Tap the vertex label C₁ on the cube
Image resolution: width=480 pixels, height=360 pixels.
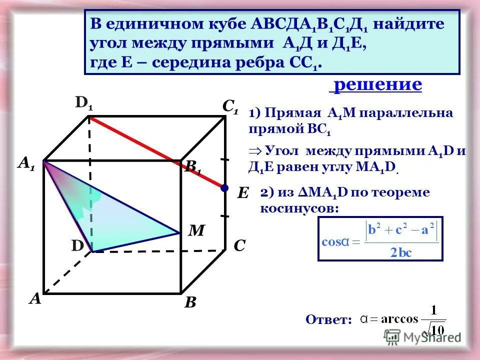click(x=230, y=106)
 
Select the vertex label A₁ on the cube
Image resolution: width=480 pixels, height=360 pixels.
click(x=26, y=163)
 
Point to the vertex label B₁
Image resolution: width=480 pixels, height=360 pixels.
click(x=192, y=167)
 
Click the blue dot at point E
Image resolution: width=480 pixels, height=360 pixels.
click(x=225, y=188)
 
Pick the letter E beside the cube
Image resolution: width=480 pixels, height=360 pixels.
click(x=242, y=193)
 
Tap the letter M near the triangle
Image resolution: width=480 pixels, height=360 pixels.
click(x=196, y=230)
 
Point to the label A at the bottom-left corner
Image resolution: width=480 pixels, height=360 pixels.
click(x=34, y=298)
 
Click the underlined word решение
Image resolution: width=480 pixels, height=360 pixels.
click(x=377, y=84)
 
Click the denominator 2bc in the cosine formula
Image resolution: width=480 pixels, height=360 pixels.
click(x=401, y=251)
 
